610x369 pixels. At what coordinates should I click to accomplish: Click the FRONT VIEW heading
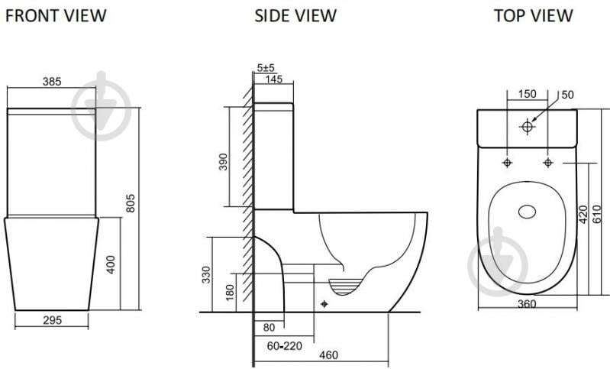point(56,15)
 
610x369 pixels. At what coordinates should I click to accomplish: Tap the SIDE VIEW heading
point(295,15)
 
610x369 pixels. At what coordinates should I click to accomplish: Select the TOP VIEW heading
point(534,15)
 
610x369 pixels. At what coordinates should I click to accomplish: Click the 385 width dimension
point(52,81)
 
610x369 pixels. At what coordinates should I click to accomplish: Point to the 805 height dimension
point(131,202)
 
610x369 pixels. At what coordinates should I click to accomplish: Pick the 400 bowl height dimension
point(111,264)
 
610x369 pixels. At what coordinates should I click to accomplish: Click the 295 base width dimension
point(52,320)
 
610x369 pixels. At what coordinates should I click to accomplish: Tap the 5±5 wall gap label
point(266,68)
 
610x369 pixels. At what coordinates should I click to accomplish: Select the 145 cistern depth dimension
point(274,79)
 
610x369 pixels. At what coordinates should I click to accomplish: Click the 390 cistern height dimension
point(223,161)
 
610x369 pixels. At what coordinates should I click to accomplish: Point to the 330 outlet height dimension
point(206,274)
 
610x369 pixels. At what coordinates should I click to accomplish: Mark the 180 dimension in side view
point(230,293)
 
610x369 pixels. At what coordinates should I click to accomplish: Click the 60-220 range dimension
point(284,345)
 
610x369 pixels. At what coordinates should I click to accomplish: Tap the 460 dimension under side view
point(329,355)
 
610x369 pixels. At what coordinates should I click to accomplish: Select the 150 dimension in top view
point(527,94)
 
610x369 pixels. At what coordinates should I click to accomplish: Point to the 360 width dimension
point(527,304)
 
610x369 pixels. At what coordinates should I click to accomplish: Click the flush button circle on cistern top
point(527,127)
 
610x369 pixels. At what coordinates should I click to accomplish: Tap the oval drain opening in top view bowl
point(527,212)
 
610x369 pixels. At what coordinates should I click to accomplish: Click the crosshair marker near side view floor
point(324,304)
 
